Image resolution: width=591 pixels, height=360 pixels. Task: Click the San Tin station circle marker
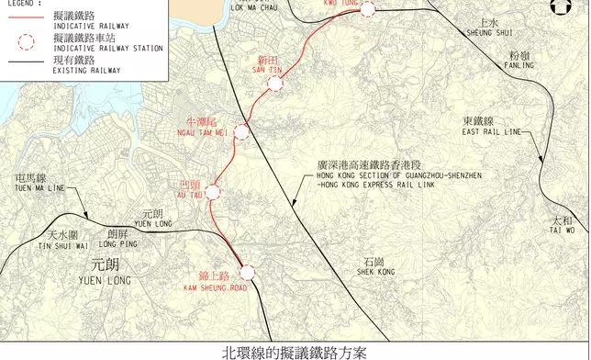[274, 84]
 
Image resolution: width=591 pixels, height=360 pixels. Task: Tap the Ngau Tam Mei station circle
[241, 132]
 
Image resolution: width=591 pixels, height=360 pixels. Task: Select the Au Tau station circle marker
[213, 192]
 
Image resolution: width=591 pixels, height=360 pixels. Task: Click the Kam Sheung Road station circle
[246, 273]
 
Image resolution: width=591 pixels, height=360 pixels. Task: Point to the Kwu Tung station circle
[368, 9]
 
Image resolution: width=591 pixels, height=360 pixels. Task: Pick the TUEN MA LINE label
[39, 187]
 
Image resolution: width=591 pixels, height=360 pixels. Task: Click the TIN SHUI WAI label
[62, 246]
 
